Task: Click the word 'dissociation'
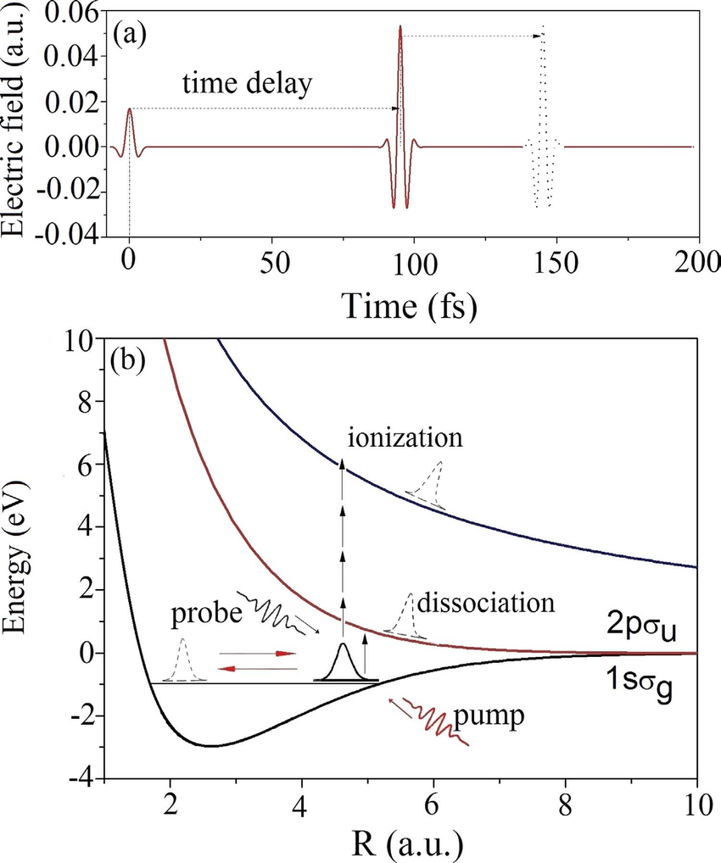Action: coord(484,603)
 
